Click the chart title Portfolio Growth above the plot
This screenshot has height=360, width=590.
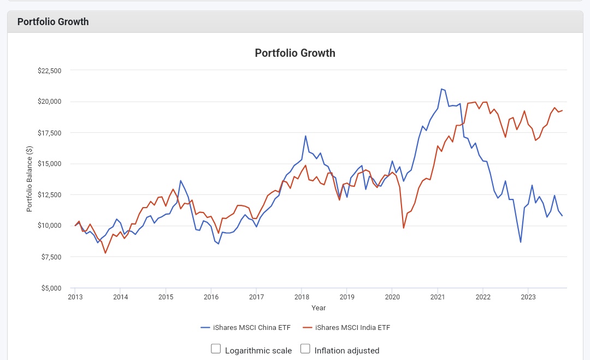[x=295, y=53]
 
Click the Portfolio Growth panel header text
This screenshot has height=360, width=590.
[x=53, y=22]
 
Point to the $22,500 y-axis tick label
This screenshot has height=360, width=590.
[x=49, y=70]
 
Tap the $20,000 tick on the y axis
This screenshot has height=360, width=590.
[x=49, y=102]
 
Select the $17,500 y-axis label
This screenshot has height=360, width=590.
[x=49, y=133]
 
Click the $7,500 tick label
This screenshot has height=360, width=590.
[x=51, y=257]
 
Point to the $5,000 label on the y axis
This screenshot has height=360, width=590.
[x=51, y=288]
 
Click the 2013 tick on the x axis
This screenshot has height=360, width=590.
[x=75, y=297]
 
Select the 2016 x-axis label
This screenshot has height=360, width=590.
[x=211, y=297]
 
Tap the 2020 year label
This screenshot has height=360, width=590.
[x=392, y=297]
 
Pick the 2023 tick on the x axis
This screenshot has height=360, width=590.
[x=528, y=297]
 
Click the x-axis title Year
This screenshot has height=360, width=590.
[x=318, y=308]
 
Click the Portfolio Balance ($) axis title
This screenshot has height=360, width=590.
[x=29, y=179]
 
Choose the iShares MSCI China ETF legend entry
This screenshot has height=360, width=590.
[x=246, y=328]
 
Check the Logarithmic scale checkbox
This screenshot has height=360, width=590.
[x=216, y=349]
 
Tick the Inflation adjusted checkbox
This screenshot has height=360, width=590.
[x=305, y=349]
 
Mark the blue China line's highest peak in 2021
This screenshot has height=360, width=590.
[x=441, y=88]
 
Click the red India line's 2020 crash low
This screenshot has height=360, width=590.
[x=404, y=228]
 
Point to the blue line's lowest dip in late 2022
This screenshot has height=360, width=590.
[x=521, y=242]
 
